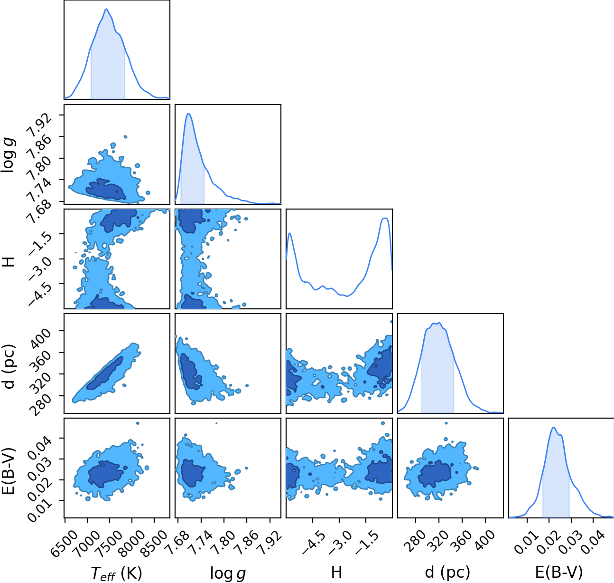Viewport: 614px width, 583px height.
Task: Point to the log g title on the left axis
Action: (x=8, y=155)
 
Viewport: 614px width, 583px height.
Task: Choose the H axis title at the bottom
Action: (x=336, y=572)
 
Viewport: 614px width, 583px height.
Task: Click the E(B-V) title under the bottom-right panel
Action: (x=559, y=572)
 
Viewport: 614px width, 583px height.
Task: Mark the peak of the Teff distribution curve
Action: (x=106, y=9)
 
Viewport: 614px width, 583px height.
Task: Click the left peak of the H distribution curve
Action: (x=290, y=233)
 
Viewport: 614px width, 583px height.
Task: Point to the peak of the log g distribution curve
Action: (x=188, y=114)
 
